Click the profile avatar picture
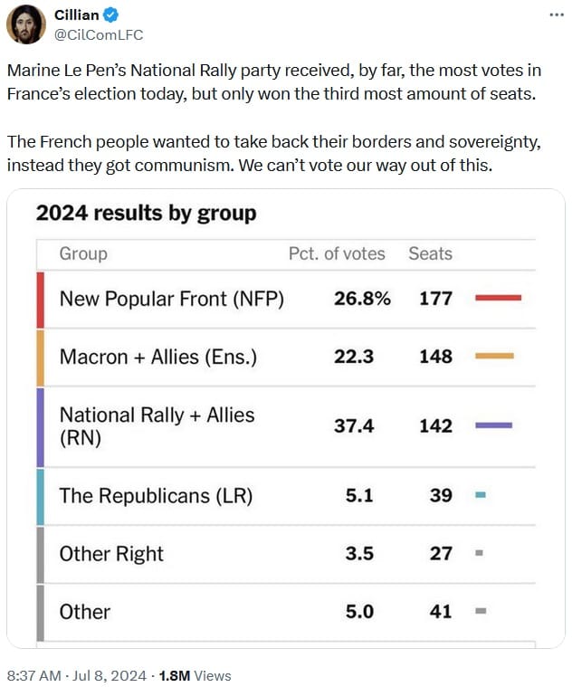pyautogui.click(x=26, y=24)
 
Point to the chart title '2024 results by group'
pyautogui.click(x=146, y=214)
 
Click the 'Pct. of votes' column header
pyautogui.click(x=337, y=253)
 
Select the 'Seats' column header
pyautogui.click(x=430, y=253)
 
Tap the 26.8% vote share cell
pyautogui.click(x=362, y=298)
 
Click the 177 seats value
pyautogui.click(x=435, y=298)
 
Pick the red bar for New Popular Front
pyautogui.click(x=498, y=297)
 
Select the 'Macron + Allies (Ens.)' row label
pyautogui.click(x=158, y=357)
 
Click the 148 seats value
pyautogui.click(x=435, y=357)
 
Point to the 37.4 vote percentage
pyautogui.click(x=354, y=425)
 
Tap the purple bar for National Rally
pyautogui.click(x=493, y=425)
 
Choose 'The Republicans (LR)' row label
pyautogui.click(x=156, y=495)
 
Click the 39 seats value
pyautogui.click(x=441, y=495)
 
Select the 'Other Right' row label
pyautogui.click(x=111, y=553)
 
